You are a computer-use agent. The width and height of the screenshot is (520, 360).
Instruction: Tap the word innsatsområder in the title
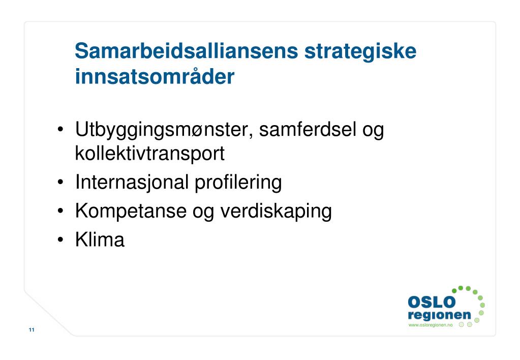(x=155, y=77)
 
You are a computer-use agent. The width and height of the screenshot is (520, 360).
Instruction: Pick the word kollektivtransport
(x=149, y=153)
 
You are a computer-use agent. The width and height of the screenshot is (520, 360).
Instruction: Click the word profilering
(x=238, y=182)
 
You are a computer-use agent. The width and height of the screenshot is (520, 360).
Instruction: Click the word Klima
(x=100, y=239)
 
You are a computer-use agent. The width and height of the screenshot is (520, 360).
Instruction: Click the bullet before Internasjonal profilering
(x=60, y=183)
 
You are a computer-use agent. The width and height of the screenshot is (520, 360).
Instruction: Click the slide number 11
(x=32, y=331)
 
